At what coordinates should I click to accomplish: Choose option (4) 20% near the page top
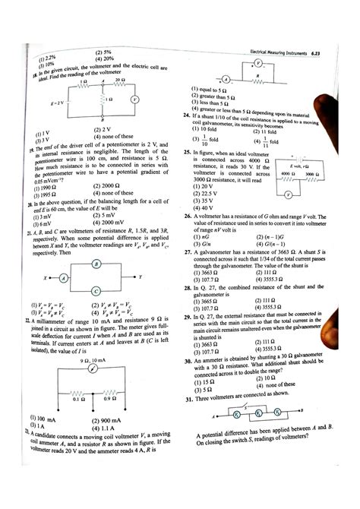(x=105, y=58)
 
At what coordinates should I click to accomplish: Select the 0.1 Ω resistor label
(x=77, y=398)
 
